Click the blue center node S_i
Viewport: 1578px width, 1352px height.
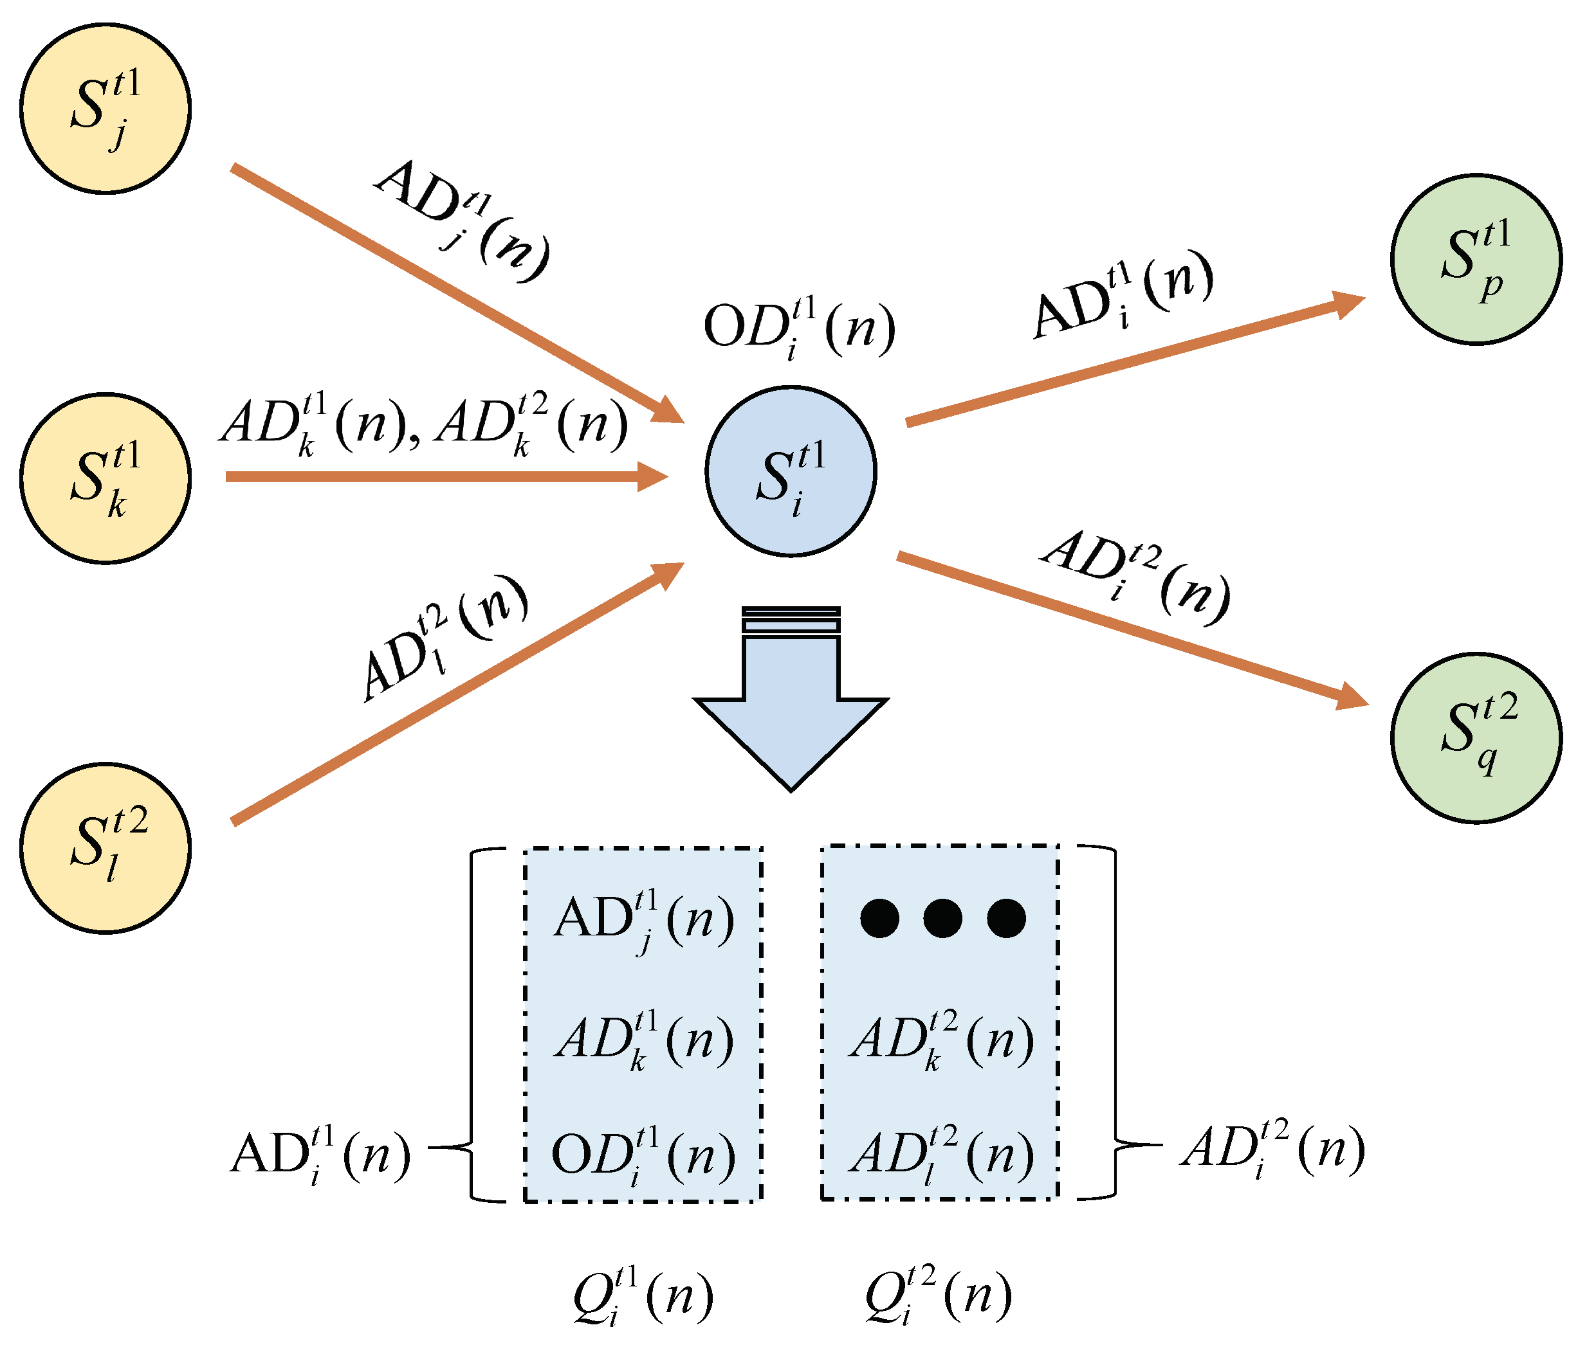point(791,471)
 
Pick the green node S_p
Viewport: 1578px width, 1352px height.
point(1476,260)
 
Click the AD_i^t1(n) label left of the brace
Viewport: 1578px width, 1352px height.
point(320,1154)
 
